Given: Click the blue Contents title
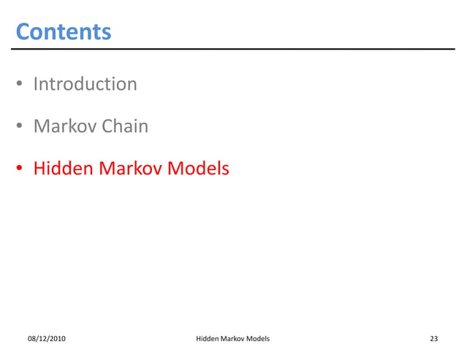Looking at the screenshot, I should [x=64, y=32].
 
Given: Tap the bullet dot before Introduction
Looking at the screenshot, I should [x=22, y=85].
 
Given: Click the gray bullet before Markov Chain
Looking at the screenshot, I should [x=22, y=128].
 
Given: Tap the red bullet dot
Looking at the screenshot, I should [x=22, y=170].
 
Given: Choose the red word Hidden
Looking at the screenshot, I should [x=63, y=169].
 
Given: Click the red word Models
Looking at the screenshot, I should [x=198, y=169].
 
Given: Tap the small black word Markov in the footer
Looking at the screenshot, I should [x=235, y=339].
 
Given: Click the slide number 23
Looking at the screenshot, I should [x=434, y=339].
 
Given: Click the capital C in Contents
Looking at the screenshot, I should [x=23, y=32].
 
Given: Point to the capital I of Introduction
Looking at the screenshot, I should [x=36, y=84].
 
